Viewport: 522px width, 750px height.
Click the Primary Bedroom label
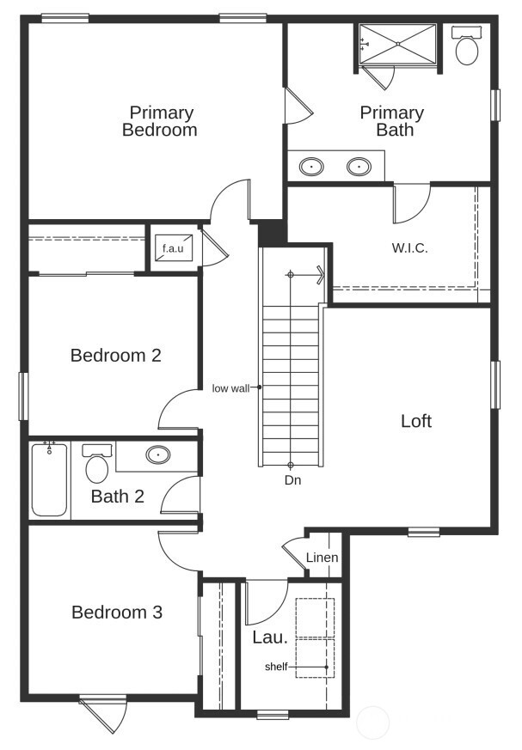[161, 121]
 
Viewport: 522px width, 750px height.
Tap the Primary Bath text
[392, 121]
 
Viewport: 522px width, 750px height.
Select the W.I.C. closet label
[409, 248]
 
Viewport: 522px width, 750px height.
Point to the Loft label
[416, 422]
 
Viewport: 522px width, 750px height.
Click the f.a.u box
[169, 249]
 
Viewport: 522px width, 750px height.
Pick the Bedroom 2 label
[115, 355]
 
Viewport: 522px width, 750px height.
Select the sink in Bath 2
[157, 455]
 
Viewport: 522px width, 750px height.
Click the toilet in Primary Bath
[467, 48]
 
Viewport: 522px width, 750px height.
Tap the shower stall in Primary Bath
[397, 44]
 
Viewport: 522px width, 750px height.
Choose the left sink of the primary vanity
[311, 167]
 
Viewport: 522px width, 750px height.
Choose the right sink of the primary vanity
[359, 167]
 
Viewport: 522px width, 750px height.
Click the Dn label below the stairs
[292, 480]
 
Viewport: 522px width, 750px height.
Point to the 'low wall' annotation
[230, 388]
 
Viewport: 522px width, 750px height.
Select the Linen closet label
[322, 558]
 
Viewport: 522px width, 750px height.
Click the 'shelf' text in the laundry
[276, 667]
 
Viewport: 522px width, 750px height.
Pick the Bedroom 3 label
[117, 613]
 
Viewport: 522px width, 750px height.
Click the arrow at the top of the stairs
[319, 275]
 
